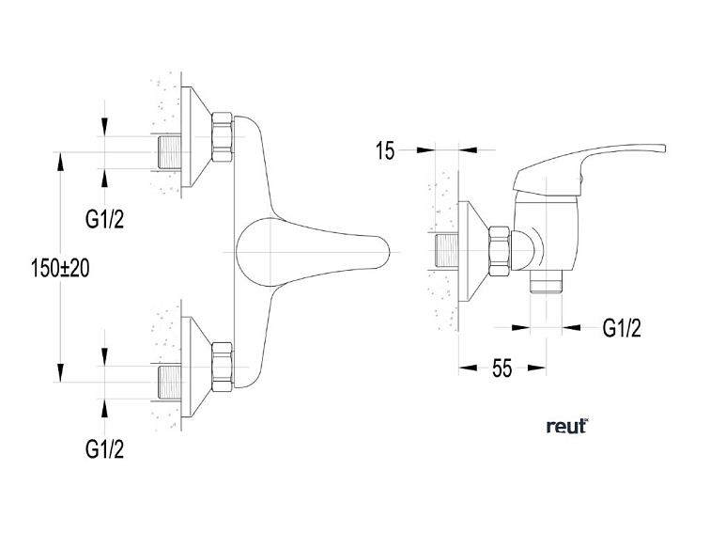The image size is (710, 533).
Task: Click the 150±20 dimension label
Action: pos(60,268)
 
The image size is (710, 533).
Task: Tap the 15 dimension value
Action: pos(385,150)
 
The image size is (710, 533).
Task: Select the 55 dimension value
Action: pos(502,368)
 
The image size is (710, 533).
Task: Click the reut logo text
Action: pos(567,427)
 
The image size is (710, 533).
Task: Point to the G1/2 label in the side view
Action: pos(622,328)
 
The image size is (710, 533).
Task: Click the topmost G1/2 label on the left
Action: pos(104,219)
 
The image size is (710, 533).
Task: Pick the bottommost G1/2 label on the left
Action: pos(104,449)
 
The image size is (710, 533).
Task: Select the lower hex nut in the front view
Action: pos(223,367)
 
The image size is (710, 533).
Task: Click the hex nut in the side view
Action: pos(500,251)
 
